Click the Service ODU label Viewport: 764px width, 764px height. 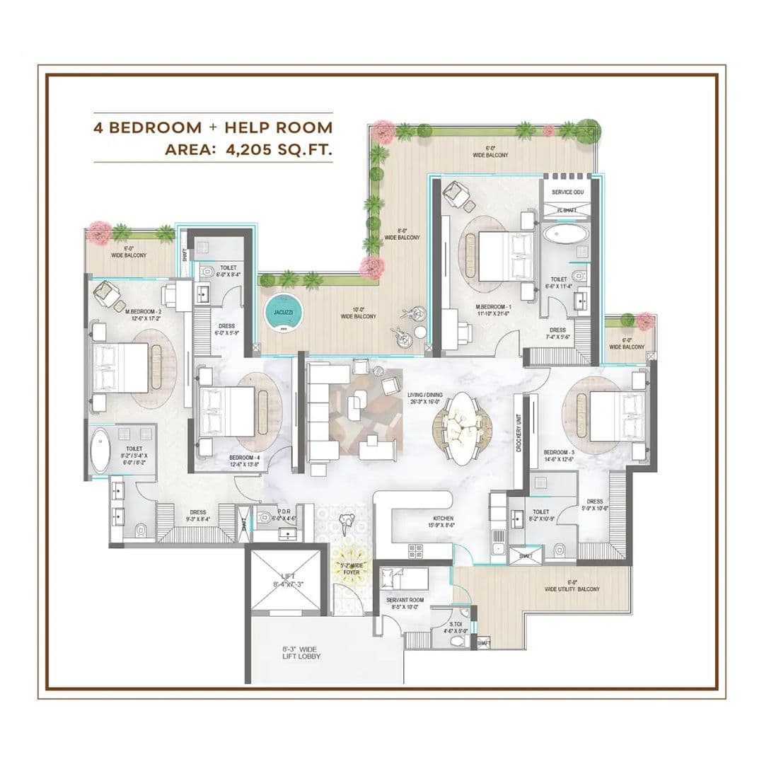pyautogui.click(x=567, y=192)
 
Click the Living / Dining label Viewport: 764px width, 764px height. pyautogui.click(x=426, y=400)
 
